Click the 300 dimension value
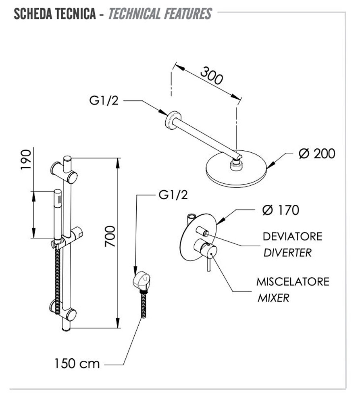(x=212, y=76)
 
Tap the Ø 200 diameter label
(x=317, y=154)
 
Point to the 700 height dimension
(x=110, y=237)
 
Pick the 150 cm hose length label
(x=77, y=364)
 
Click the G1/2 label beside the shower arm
(x=104, y=101)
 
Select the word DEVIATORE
(x=292, y=236)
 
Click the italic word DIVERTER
(x=287, y=253)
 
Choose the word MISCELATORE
(x=293, y=281)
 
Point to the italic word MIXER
(x=273, y=298)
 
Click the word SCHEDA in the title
(x=32, y=14)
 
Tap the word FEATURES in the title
(x=187, y=14)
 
